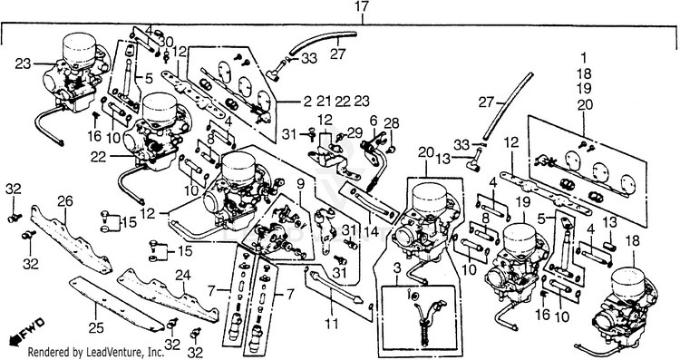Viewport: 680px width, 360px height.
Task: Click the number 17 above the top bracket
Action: click(x=361, y=7)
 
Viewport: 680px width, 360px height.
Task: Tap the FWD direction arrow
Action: click(x=26, y=330)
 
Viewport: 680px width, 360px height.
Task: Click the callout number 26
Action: click(x=65, y=202)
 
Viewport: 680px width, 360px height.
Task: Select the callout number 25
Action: click(x=96, y=328)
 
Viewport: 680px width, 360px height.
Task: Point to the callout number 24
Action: click(x=183, y=275)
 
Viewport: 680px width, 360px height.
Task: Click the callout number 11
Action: click(x=333, y=324)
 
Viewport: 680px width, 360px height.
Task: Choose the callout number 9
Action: click(x=300, y=184)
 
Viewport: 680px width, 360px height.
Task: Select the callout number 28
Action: click(x=391, y=122)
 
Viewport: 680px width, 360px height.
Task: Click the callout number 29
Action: click(x=355, y=132)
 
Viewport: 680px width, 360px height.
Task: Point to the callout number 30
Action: click(x=165, y=42)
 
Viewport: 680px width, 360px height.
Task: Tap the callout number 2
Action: click(x=307, y=102)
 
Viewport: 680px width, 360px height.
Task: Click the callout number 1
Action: click(x=584, y=58)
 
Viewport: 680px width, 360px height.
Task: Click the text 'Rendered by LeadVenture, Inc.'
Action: click(x=96, y=352)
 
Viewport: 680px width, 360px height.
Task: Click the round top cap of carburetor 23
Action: click(x=79, y=47)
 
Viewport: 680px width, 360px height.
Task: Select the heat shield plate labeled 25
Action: click(x=113, y=304)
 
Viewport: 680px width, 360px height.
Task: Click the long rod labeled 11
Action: click(x=333, y=287)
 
